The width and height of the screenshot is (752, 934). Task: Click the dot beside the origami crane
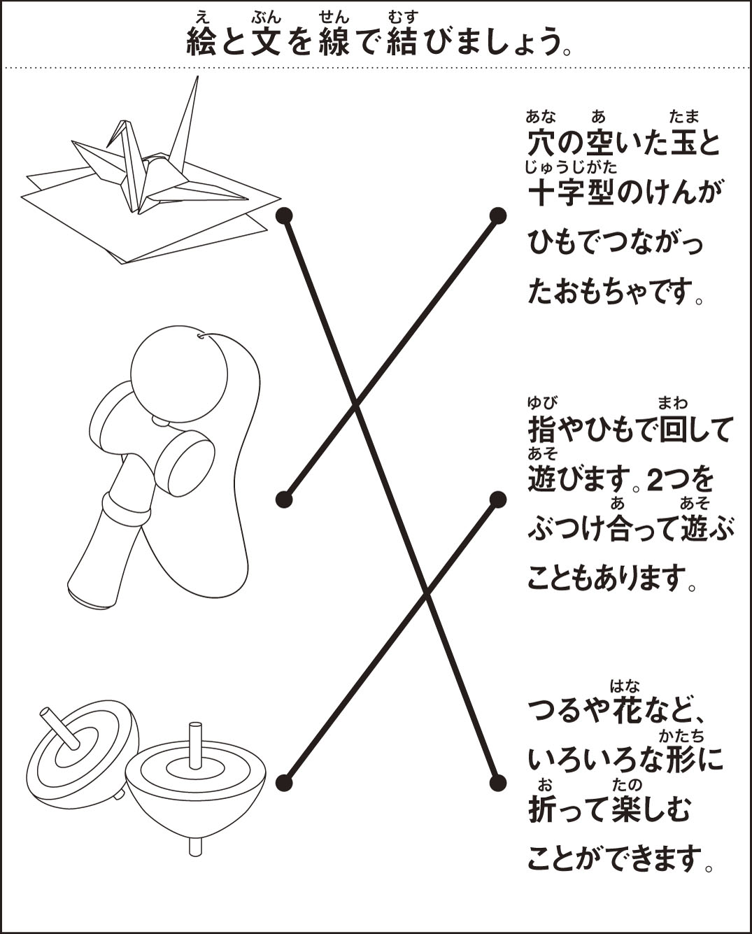point(284,215)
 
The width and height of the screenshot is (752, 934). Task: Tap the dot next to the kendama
point(284,499)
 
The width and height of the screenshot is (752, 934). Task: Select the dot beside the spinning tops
point(284,783)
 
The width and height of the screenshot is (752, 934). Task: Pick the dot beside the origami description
point(497,783)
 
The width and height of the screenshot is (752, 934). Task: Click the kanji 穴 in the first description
point(542,141)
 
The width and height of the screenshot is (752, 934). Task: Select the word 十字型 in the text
point(571,191)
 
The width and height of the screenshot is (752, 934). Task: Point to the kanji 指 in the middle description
point(542,430)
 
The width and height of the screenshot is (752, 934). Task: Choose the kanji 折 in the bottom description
point(542,809)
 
